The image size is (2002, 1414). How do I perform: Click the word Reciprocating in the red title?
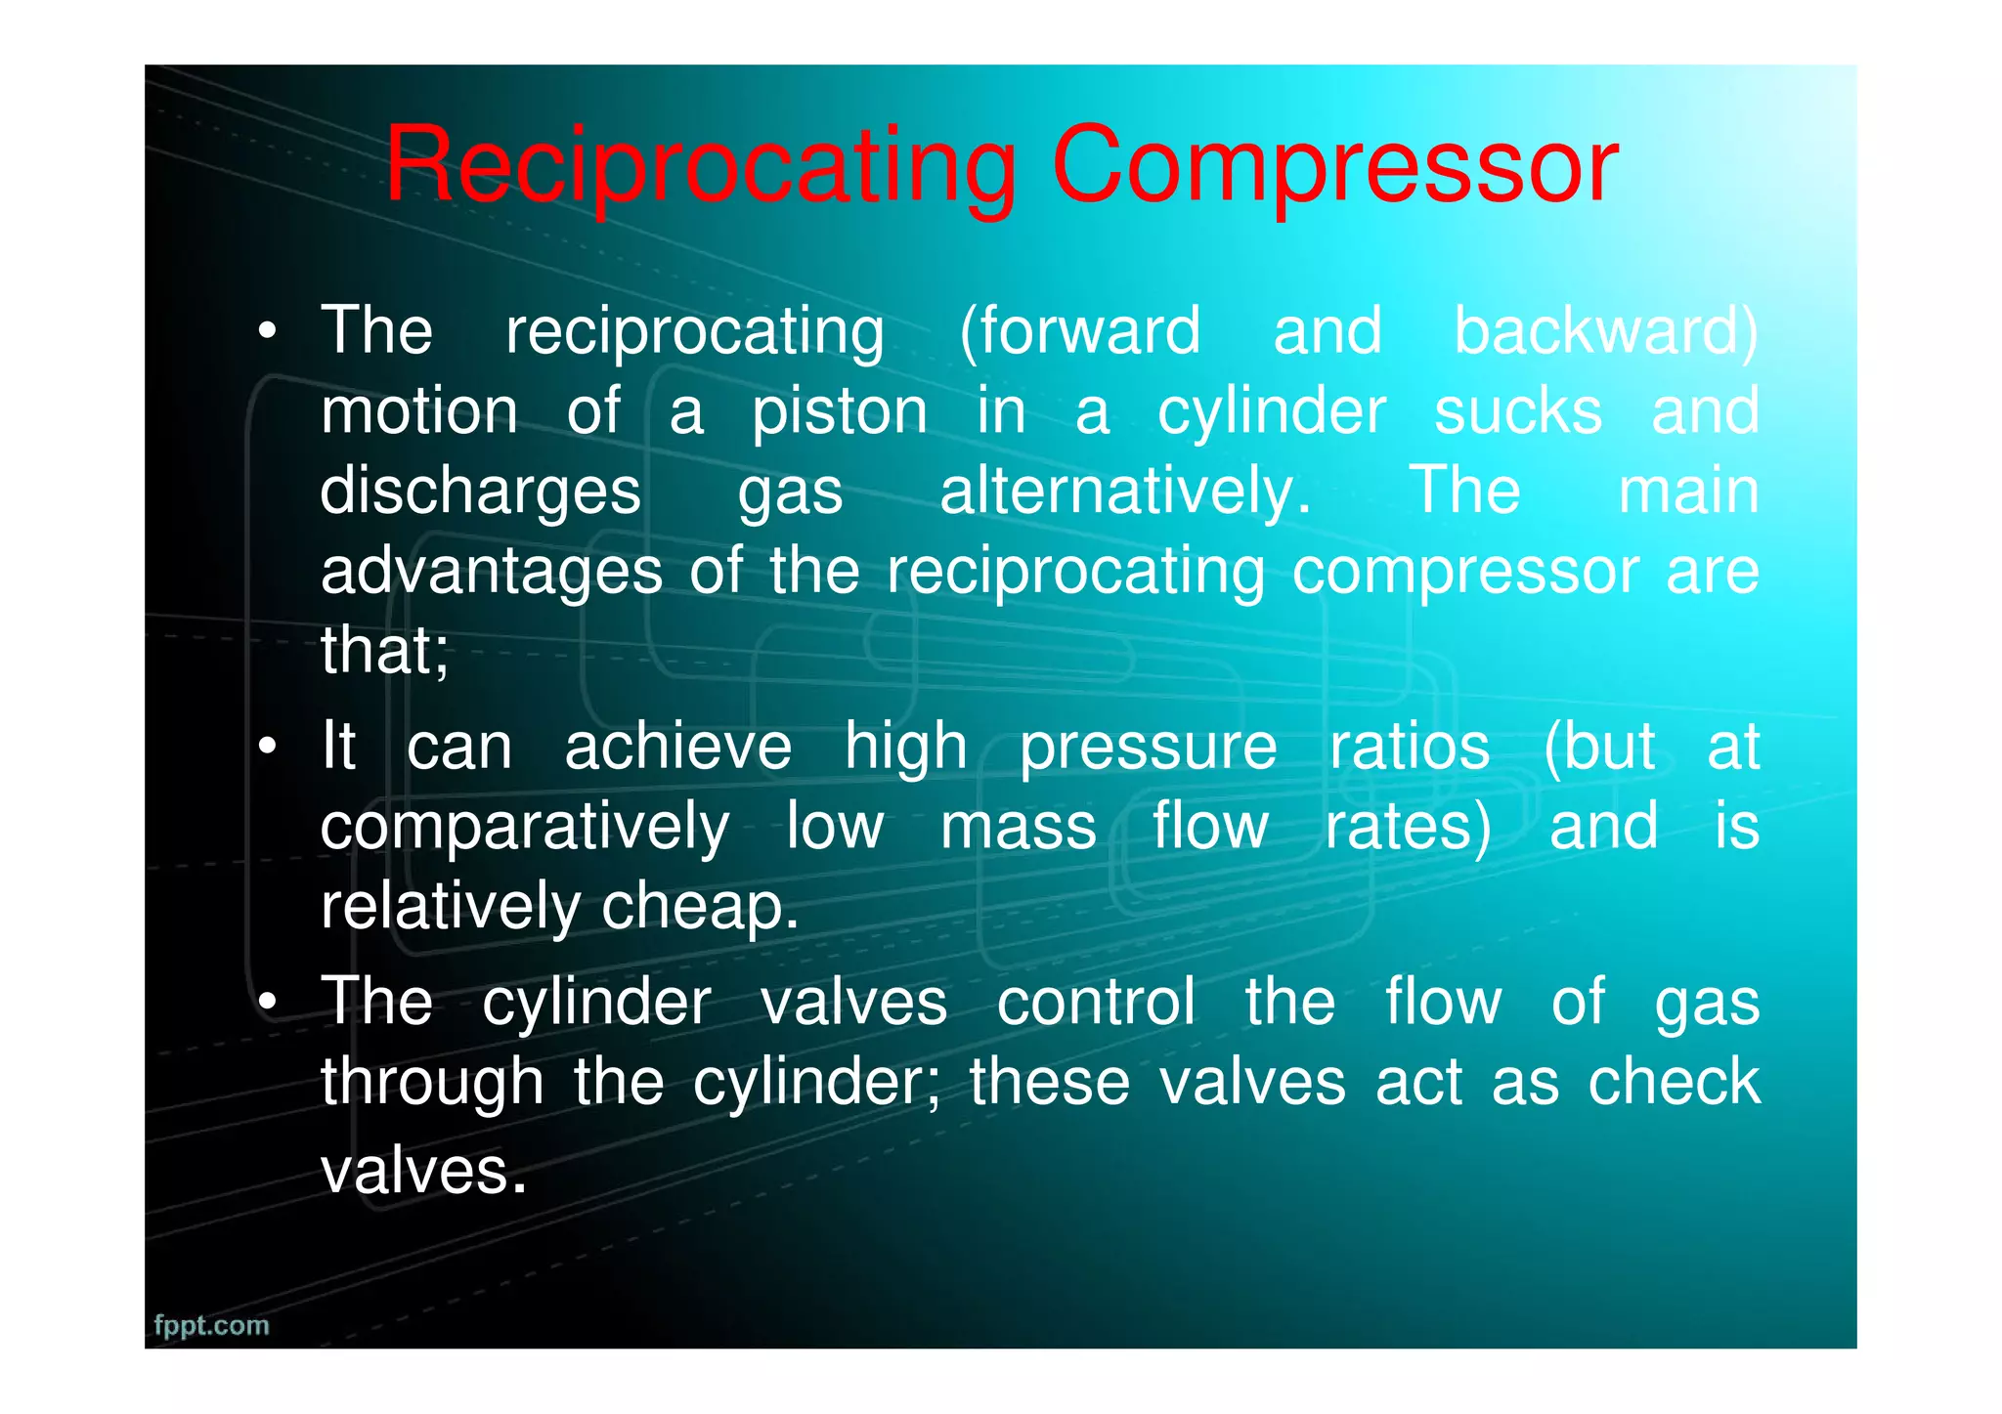coord(700,166)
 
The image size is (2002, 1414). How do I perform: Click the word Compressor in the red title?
coord(1334,166)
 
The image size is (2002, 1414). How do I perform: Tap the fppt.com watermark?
coord(211,1325)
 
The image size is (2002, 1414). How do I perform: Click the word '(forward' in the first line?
coord(1079,332)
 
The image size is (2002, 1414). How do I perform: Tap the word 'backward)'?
coord(1606,332)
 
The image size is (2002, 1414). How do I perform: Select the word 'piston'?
coord(840,412)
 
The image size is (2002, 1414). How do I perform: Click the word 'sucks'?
coord(1517,412)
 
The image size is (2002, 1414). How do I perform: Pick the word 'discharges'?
coord(480,493)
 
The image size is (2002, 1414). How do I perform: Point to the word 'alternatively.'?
coord(1125,493)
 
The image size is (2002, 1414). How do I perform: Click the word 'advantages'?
coord(492,572)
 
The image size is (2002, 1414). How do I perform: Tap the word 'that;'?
coord(385,651)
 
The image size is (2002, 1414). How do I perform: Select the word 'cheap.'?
coord(700,907)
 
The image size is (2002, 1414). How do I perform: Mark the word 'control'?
coord(1096,1004)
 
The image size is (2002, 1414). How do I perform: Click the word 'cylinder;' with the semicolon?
coord(817,1084)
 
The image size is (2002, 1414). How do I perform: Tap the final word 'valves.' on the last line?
coord(423,1171)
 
